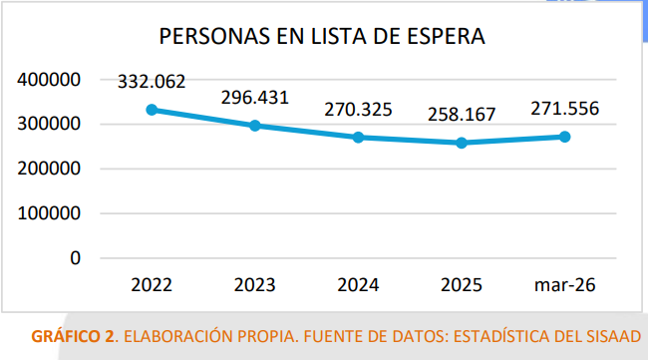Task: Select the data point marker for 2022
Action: tap(152, 110)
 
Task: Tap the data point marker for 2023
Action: tap(255, 126)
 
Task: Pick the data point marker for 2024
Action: tap(358, 137)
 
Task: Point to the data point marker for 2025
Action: tap(462, 143)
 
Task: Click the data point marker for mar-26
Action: tap(564, 137)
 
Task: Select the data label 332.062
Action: tap(152, 82)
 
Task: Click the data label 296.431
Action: tap(255, 98)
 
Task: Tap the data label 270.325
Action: tap(358, 109)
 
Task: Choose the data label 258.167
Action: tap(462, 115)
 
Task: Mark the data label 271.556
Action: tap(564, 109)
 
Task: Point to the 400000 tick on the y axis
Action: tap(49, 80)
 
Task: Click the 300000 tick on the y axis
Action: tap(49, 125)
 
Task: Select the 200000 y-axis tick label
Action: tap(49, 169)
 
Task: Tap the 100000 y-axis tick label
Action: tap(49, 213)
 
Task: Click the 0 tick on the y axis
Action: tap(76, 257)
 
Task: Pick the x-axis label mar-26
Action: tap(564, 285)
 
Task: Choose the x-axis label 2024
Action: tap(358, 285)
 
